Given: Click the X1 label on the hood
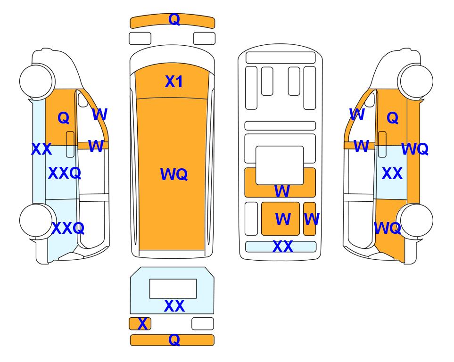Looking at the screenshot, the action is coord(173,82).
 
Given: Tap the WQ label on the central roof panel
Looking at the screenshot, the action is coord(173,174).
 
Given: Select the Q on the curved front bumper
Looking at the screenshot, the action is coord(174,19).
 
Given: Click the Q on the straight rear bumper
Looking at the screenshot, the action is coord(174,339).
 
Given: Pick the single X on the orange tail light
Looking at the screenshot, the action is coord(142,324).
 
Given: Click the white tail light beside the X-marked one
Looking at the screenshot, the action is coord(203,323).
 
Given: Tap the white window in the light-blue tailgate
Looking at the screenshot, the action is coord(173,288).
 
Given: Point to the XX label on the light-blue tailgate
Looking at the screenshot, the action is coord(174,306).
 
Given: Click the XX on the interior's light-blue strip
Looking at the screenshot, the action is coord(282,247).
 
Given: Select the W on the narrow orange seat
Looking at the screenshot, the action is coord(312,219).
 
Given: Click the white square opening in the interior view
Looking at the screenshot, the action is coord(280,165).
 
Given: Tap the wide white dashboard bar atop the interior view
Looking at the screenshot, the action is coord(281,58).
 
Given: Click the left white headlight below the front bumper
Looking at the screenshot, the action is coord(140,39).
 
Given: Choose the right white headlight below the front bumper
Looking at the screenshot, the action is coord(204,39).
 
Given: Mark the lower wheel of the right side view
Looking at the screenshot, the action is coord(415,221).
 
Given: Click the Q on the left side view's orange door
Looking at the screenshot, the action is coord(64,118).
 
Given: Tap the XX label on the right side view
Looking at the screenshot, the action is coord(392,173).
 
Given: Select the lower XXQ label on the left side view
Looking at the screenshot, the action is coord(68,228).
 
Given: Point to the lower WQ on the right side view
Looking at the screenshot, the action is coord(388,228).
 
